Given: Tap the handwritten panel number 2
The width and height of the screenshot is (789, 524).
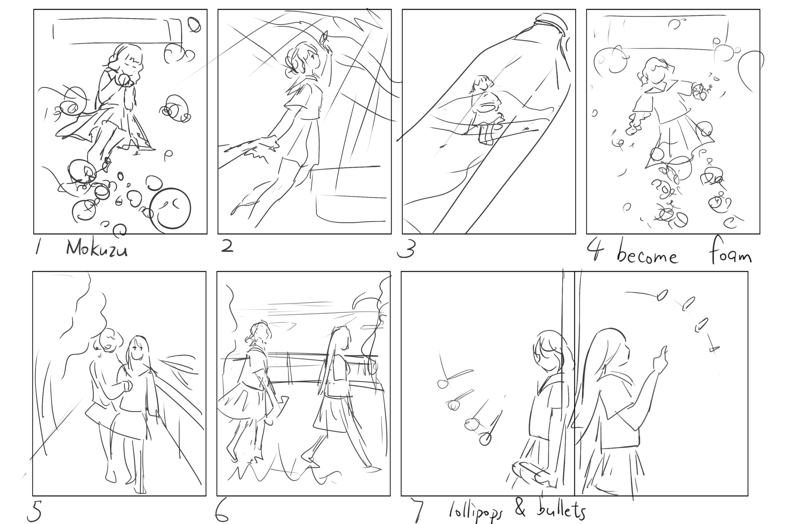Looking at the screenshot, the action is pos(227,246).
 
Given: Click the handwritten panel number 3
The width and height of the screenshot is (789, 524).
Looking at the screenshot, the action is pos(406,249).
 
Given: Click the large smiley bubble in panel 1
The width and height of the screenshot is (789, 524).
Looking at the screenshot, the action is pos(170,209).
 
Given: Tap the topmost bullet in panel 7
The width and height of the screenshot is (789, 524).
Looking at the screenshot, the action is pos(662,295).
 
